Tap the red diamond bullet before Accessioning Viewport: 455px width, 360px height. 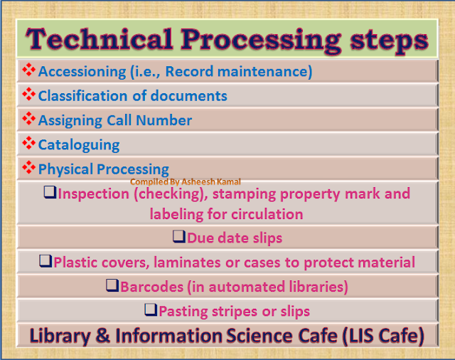(x=29, y=70)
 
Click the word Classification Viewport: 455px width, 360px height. (x=80, y=95)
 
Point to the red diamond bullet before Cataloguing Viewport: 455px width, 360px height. (x=29, y=144)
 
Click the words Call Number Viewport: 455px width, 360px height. (x=156, y=120)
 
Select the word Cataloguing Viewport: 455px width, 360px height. (x=79, y=145)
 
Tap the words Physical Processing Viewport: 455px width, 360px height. (x=104, y=169)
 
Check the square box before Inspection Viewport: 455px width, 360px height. (x=50, y=193)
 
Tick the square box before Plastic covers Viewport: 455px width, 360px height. (x=45, y=261)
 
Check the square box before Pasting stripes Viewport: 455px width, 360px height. (x=150, y=310)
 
